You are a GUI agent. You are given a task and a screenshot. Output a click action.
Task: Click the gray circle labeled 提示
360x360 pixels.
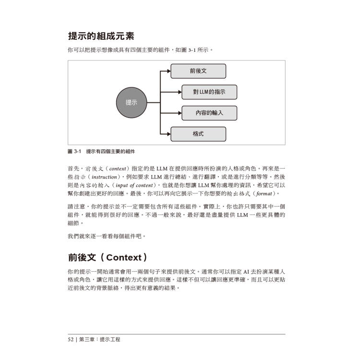pos(131,102)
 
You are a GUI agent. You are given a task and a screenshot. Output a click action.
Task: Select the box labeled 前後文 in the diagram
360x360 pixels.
pos(198,71)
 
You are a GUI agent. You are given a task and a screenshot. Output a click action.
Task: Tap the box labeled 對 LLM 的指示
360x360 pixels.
pos(209,92)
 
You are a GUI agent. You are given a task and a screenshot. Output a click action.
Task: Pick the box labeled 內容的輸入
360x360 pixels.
pos(209,113)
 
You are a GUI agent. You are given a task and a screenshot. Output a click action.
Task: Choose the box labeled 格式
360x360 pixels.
pos(198,134)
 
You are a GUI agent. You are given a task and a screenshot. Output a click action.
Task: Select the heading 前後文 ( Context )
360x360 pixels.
pos(108,256)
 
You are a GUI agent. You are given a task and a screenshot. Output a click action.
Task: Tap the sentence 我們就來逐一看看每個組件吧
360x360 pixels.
pos(107,236)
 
